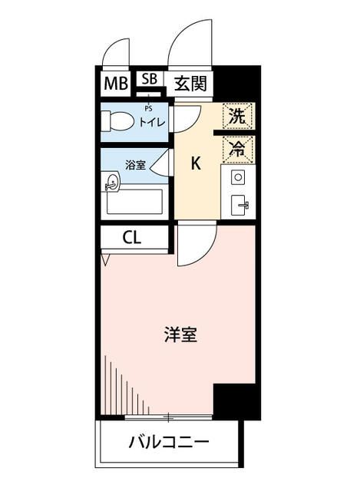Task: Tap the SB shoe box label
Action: [149, 79]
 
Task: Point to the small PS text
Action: [148, 109]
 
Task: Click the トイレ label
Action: [150, 121]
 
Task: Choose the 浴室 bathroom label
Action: [134, 164]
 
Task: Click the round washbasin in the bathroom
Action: [112, 182]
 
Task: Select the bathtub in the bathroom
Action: [135, 202]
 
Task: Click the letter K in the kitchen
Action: [196, 163]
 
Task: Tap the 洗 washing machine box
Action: [238, 117]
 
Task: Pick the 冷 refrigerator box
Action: [238, 148]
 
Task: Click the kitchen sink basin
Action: [238, 204]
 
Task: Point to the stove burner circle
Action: [237, 178]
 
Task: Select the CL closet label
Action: [132, 237]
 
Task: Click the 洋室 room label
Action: [180, 335]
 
